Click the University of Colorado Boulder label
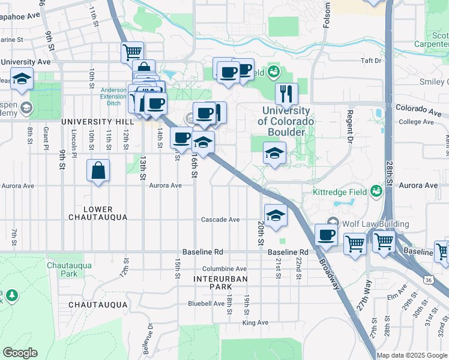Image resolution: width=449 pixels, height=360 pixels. click(286, 121)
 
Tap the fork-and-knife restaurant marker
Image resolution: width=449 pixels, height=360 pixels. click(286, 94)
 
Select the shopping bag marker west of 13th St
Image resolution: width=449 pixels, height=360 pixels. click(98, 170)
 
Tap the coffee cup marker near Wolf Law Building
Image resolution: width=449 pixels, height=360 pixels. click(326, 235)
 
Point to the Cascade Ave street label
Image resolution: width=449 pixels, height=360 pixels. click(220, 220)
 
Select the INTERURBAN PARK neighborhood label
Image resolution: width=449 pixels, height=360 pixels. click(217, 283)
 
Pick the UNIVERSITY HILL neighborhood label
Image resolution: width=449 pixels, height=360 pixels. click(97, 121)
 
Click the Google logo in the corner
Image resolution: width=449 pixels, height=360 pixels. click(20, 353)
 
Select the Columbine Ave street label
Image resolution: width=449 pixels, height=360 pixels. click(224, 269)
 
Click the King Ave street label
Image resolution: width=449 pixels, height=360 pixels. click(255, 323)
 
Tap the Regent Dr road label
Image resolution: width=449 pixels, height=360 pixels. click(349, 128)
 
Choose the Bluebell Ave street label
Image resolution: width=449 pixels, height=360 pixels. click(206, 304)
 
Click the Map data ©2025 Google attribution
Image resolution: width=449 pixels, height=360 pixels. click(412, 355)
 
